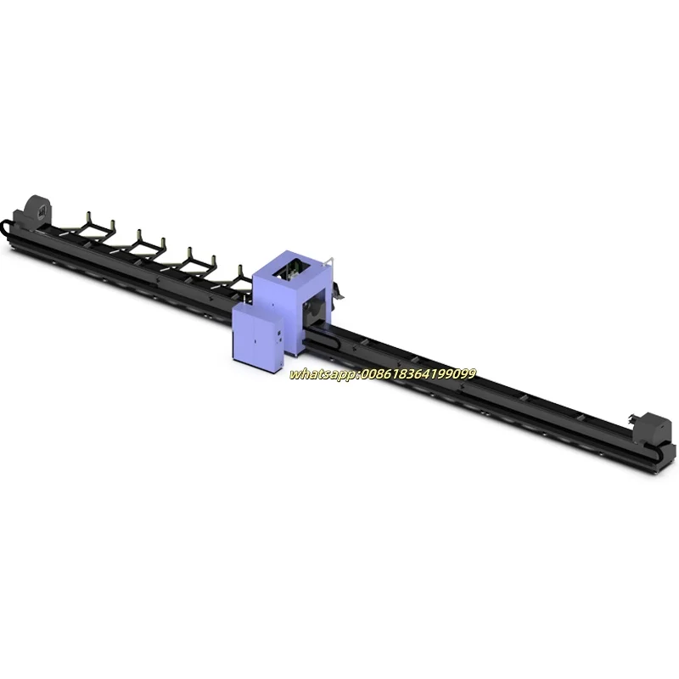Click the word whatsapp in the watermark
[x=323, y=374]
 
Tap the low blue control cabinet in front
[x=257, y=334]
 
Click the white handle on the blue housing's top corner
[x=329, y=262]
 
